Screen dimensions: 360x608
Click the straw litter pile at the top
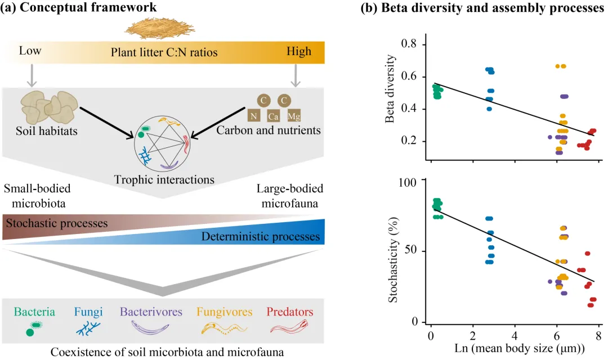[x=163, y=27]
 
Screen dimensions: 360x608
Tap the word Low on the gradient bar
[x=30, y=52]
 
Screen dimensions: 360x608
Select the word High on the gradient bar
[x=298, y=52]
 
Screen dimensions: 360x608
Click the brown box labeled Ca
[x=274, y=116]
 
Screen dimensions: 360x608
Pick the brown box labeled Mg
[x=293, y=116]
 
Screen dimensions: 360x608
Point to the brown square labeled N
[x=254, y=116]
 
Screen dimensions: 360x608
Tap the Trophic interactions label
[x=164, y=180]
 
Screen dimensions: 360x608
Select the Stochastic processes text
[x=56, y=223]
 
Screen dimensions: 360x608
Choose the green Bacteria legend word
[x=35, y=312]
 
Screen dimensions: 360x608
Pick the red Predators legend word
[x=290, y=312]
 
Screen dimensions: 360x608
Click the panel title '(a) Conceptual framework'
[x=79, y=7]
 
